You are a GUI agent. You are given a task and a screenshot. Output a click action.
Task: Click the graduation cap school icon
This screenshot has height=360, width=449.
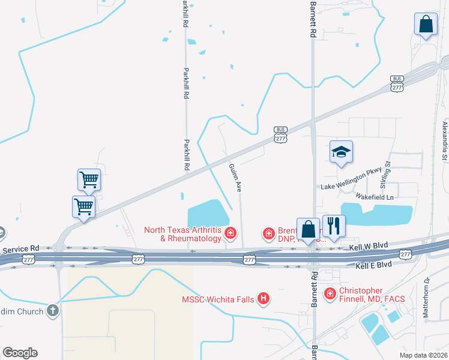[x=341, y=152]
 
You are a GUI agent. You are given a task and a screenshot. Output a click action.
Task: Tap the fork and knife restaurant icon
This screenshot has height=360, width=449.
[x=334, y=227]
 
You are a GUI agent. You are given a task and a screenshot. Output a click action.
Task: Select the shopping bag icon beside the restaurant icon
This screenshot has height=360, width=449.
[x=309, y=229]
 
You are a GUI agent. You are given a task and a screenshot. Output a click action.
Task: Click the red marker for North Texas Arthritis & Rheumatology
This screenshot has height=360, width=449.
[x=229, y=233]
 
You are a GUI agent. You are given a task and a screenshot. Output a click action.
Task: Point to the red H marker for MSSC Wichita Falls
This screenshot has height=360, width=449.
[x=262, y=298]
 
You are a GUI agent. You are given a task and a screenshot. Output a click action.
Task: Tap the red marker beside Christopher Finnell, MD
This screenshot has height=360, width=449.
[x=330, y=293]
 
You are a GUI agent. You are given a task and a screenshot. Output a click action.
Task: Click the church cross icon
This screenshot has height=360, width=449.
[x=53, y=311]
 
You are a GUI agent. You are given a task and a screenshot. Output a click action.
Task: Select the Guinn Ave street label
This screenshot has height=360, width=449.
[x=236, y=178]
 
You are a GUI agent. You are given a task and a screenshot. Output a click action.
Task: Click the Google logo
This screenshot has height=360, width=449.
[x=20, y=353]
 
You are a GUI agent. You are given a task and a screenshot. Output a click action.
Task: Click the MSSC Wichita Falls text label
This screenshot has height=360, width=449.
[x=219, y=299]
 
